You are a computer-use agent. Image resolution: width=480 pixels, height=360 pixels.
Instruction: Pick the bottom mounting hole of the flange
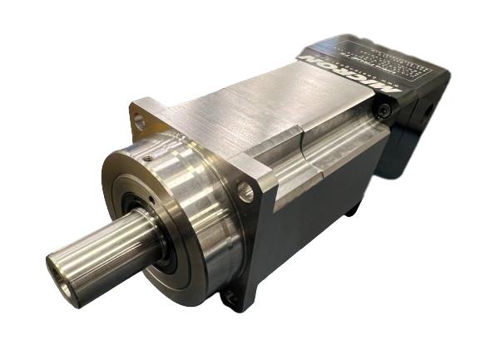[226, 293]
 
